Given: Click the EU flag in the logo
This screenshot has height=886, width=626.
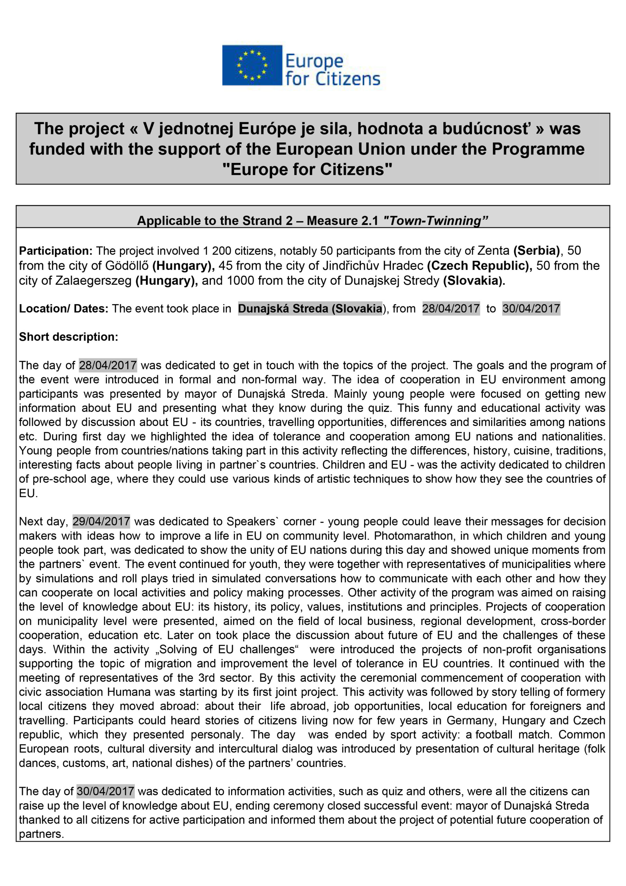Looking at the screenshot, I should point(252,65).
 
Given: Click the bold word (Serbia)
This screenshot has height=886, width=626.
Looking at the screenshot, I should point(536,251).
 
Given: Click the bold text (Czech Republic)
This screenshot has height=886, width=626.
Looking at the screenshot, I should point(479,265).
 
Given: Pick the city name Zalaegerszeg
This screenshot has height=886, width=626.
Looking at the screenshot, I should point(94,281).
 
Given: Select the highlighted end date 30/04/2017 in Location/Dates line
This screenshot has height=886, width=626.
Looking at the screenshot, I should point(531,309).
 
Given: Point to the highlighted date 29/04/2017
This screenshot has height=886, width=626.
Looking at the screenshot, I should point(101,521).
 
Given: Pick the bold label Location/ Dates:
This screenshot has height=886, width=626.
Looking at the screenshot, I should point(64,309).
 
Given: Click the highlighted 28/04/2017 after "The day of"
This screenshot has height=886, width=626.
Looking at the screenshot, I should point(108,365).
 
